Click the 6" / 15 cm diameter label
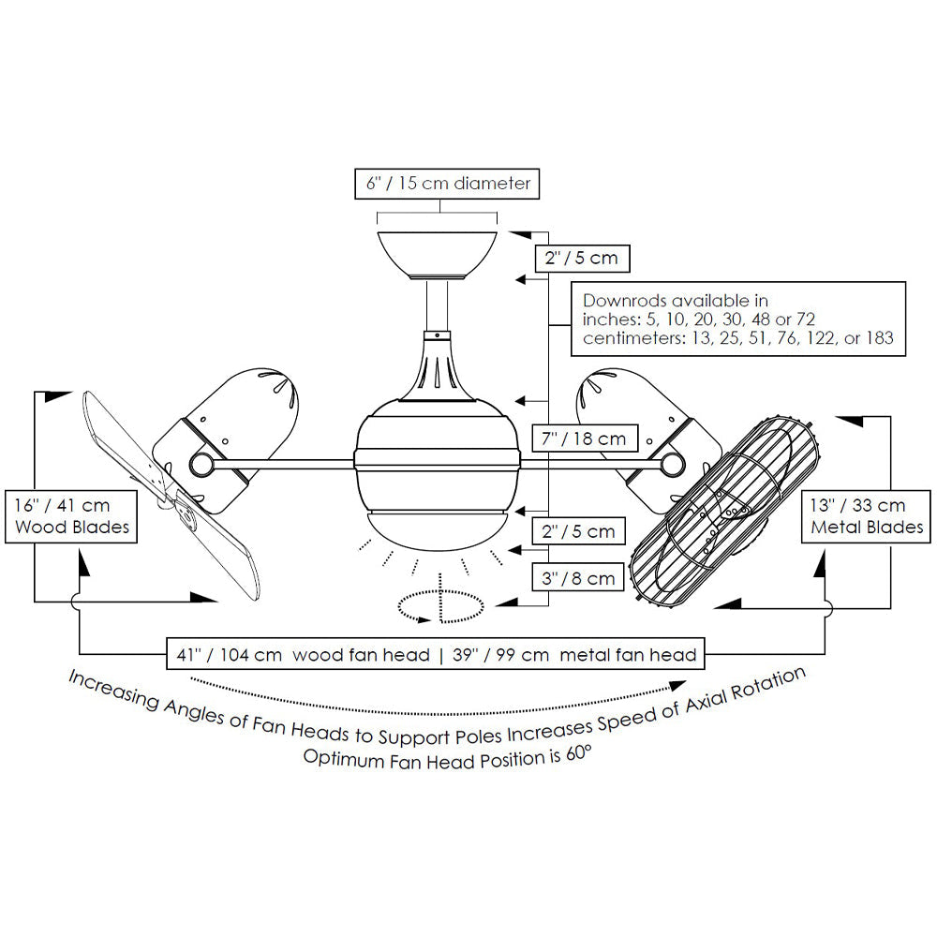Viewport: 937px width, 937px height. click(x=448, y=183)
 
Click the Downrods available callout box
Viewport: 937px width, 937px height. click(x=738, y=320)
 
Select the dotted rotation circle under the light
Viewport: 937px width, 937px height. click(x=440, y=606)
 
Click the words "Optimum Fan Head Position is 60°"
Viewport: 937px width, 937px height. click(x=448, y=757)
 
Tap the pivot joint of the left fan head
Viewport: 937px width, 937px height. click(x=200, y=465)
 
